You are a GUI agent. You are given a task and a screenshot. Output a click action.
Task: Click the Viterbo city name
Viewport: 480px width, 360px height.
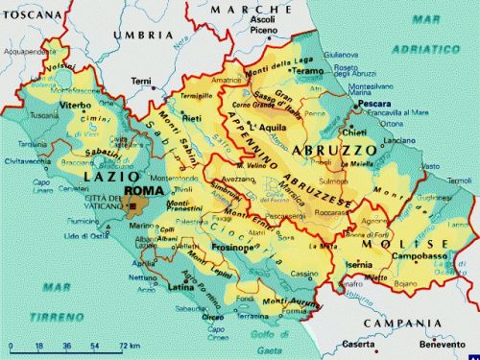(76, 102)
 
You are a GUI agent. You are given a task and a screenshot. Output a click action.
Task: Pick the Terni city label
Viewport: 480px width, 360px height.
(142, 80)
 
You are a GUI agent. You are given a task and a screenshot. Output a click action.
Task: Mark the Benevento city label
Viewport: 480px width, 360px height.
(441, 344)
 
